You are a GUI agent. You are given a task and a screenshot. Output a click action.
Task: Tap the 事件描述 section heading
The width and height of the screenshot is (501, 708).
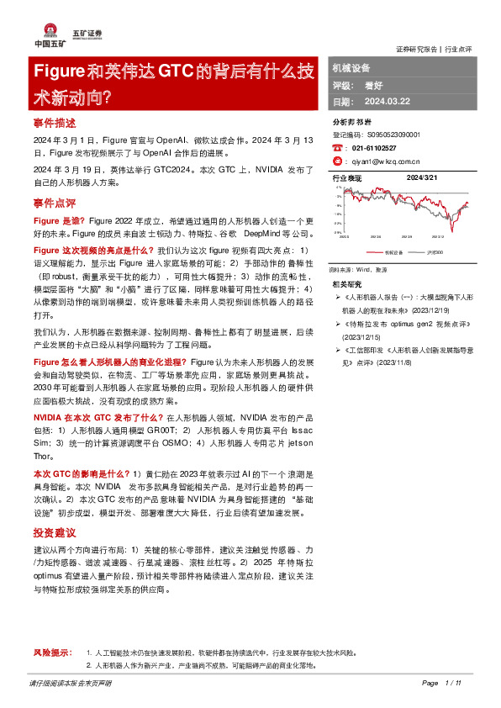55,124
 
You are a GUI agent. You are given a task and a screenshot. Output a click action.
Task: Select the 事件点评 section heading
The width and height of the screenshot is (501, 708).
55,203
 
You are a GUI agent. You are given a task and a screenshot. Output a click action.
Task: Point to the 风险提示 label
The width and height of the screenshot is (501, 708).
52,653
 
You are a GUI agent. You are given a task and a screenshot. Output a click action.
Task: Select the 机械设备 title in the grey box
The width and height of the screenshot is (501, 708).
351,67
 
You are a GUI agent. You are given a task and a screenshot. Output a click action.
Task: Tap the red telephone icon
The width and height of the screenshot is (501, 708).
338,147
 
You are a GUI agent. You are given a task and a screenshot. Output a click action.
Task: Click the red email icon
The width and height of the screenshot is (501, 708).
338,160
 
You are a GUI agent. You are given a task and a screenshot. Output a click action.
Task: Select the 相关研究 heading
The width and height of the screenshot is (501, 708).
347,283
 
